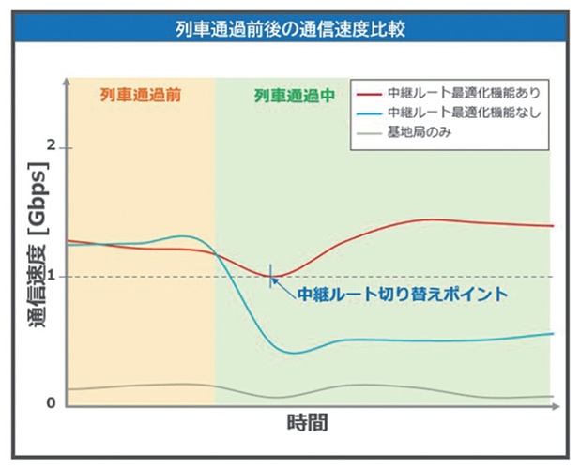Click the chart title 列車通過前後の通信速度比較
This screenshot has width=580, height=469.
290,27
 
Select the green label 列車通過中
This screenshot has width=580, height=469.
295,95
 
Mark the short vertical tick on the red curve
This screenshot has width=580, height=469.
272,276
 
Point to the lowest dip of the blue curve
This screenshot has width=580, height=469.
294,353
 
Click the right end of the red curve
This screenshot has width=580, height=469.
553,226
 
